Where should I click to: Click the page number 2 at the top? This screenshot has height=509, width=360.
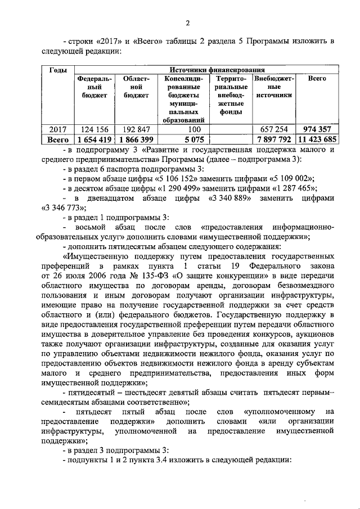tap(188, 23)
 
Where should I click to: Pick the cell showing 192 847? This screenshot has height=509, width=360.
tap(136, 129)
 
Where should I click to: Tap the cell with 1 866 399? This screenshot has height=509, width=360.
tap(136, 139)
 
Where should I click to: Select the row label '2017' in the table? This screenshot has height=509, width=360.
tap(58, 129)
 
